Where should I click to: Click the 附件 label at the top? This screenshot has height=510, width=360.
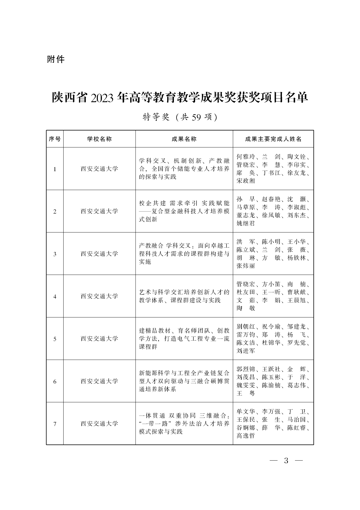coord(55,59)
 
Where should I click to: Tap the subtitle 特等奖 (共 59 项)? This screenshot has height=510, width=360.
coord(180,117)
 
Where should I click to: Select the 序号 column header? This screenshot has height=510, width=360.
coord(55,139)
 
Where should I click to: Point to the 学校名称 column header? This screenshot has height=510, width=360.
coord(99,139)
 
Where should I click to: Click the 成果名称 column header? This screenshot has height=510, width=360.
coord(184,139)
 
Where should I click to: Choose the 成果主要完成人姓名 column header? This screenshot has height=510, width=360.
coord(273,139)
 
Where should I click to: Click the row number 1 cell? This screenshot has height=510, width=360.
coord(55,169)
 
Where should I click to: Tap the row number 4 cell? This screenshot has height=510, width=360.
coord(55,296)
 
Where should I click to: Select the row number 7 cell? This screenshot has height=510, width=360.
coord(55,424)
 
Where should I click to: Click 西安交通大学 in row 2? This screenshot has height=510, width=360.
coord(99,211)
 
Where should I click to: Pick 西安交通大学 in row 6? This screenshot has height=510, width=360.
coord(99,381)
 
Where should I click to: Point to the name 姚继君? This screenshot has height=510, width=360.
coord(246,223)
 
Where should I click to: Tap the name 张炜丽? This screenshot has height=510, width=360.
coord(246,266)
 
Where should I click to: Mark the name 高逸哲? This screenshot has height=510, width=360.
coord(246,436)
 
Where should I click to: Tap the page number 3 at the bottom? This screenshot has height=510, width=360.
coord(286,461)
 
